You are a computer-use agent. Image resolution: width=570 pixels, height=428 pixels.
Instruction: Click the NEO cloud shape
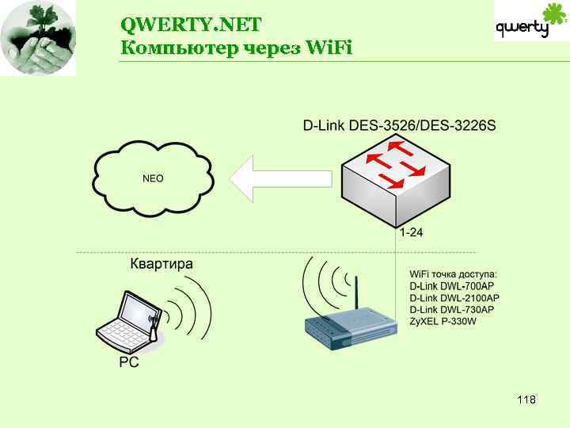tap(153, 178)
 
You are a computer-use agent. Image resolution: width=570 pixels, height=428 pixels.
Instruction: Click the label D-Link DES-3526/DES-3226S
tap(399, 125)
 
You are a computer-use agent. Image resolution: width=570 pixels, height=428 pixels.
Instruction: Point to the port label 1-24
tap(411, 233)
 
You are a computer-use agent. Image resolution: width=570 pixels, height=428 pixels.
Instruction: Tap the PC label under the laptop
tap(129, 364)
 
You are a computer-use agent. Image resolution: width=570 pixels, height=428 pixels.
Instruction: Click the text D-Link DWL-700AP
tap(451, 286)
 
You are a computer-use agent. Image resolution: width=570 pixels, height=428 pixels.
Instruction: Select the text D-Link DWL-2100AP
tap(454, 298)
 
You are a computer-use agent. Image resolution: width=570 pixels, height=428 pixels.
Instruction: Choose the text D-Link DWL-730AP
tap(451, 309)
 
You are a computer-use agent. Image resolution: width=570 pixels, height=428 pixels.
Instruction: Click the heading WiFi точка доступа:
tap(453, 274)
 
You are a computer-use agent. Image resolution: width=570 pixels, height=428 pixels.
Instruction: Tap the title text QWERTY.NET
tap(191, 23)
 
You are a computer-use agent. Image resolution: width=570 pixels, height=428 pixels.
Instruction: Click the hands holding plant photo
tap(38, 38)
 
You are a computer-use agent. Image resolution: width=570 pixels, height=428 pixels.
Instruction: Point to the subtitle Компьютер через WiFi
tap(236, 48)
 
